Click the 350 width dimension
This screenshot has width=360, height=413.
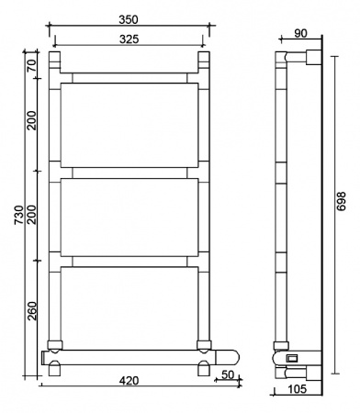(x=128, y=17)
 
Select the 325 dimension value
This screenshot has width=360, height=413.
(x=128, y=38)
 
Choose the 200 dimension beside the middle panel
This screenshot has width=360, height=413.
(x=31, y=216)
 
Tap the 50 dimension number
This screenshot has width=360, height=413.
(x=226, y=374)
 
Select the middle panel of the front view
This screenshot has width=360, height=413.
(x=129, y=217)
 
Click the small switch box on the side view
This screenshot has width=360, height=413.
(x=292, y=358)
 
